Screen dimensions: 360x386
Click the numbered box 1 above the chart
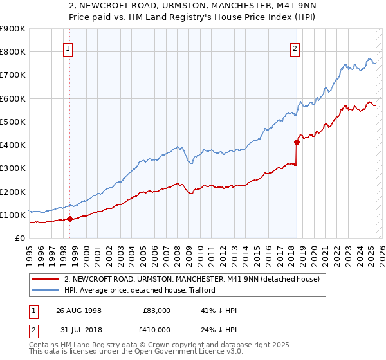click(68, 47)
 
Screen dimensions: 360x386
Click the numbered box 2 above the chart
click(295, 47)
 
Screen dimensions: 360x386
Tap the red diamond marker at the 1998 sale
click(69, 219)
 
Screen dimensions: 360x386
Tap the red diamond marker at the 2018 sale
click(297, 142)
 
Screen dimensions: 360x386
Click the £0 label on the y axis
click(19, 238)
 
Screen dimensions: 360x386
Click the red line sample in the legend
click(45, 278)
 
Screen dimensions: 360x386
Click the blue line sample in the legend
click(45, 290)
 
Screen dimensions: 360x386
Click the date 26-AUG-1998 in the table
click(78, 310)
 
